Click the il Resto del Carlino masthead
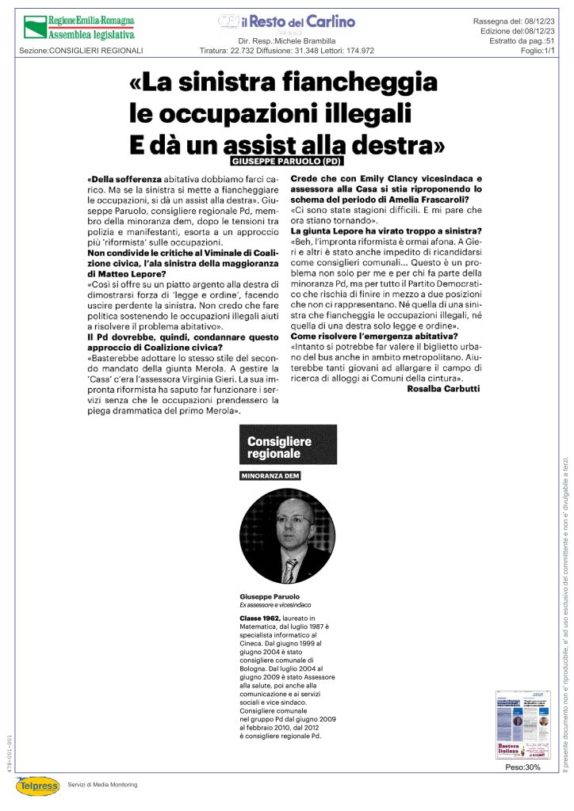[286, 22]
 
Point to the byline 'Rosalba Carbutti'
[443, 389]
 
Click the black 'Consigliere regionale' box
[288, 447]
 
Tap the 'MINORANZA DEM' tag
[270, 476]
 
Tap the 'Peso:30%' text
[523, 767]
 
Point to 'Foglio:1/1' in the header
[537, 51]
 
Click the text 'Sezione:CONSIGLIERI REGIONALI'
[81, 51]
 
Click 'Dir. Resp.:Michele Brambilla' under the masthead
[286, 40]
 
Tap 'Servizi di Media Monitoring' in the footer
[102, 784]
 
